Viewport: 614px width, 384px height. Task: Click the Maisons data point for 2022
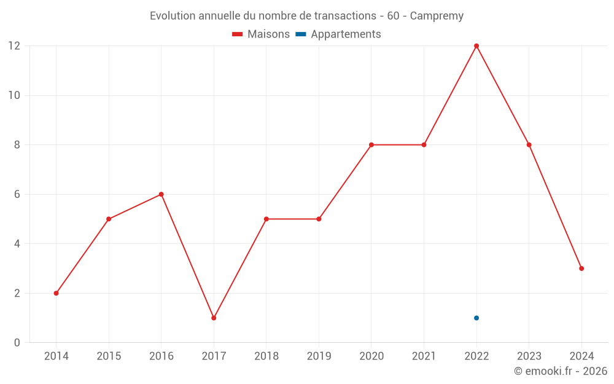tap(476, 46)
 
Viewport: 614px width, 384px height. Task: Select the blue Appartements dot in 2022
tap(476, 318)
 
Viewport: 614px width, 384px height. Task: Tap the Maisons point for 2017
tap(214, 318)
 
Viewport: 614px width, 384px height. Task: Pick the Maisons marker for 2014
tap(56, 293)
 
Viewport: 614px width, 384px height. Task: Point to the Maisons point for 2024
tap(581, 268)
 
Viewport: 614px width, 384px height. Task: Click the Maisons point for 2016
tap(161, 194)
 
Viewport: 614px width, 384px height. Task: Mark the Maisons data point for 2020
tap(371, 145)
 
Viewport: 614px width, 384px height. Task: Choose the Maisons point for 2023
tap(529, 145)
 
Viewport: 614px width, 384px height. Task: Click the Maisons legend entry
tap(261, 34)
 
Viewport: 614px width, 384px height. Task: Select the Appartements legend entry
tap(338, 34)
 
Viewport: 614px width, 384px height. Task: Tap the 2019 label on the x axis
tap(319, 356)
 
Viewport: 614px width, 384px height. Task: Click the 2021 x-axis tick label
tap(424, 356)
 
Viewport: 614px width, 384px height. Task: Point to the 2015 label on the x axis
tap(109, 356)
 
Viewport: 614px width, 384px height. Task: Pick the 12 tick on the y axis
tap(14, 46)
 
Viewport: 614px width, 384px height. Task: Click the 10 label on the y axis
tap(14, 95)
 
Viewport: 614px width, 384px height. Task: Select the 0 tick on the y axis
tap(17, 342)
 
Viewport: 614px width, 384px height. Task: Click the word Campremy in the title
tap(437, 16)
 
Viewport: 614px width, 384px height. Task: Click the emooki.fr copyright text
tap(560, 371)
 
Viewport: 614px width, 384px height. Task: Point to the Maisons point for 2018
tap(266, 219)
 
